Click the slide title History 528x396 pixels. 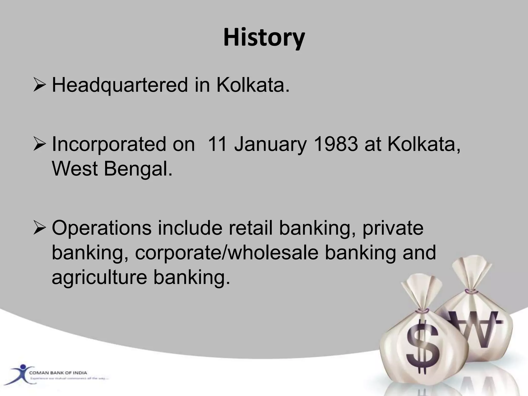tap(264, 38)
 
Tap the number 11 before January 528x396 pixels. tap(217, 144)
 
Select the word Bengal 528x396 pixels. tap(138, 169)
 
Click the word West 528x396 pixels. tap(75, 169)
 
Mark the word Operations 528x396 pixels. tap(102, 228)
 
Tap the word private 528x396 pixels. tap(393, 228)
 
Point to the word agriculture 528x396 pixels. tap(100, 277)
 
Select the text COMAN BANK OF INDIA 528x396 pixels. tap(58, 373)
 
